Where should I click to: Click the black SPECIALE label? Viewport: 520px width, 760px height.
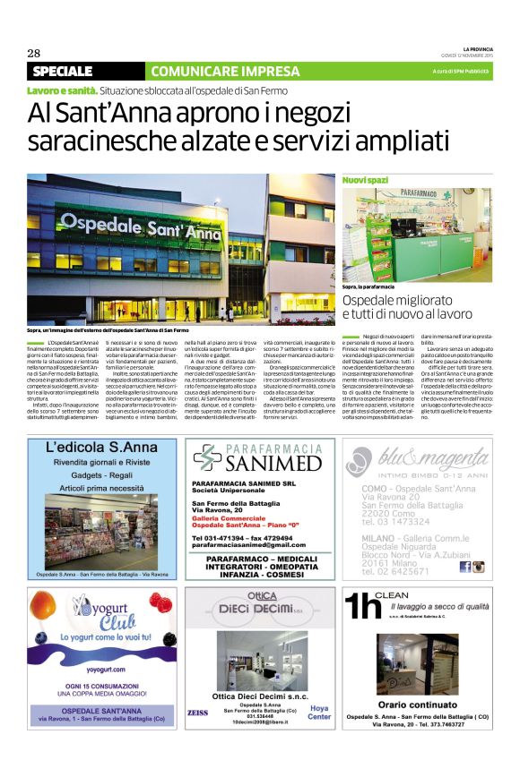point(62,71)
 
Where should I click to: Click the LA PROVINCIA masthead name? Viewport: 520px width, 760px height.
point(476,48)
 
